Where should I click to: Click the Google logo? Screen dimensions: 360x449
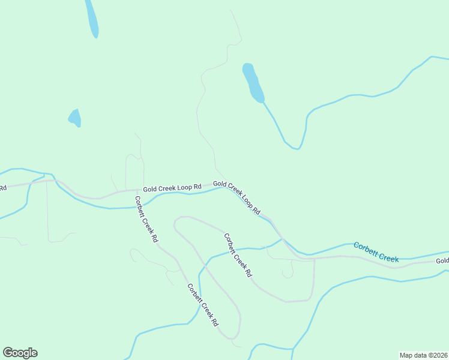20,353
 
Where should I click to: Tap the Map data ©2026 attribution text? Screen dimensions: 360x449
423,355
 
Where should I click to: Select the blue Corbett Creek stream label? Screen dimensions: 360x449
376,252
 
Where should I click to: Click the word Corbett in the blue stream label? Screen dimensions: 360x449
366,248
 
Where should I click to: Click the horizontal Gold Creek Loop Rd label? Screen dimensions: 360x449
171,188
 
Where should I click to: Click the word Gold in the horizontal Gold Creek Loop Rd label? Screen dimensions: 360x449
149,189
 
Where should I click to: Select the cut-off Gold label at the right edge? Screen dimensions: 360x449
442,261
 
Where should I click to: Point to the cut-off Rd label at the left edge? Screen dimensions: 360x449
3,188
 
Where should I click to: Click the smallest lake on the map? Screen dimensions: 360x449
74,118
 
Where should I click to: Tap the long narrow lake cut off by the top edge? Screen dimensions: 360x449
92,18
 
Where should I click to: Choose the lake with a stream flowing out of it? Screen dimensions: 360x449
253,83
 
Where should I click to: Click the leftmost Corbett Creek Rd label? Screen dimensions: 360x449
146,219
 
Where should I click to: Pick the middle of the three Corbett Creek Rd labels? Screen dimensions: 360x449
238,255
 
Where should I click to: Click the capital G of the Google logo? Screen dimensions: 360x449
8,353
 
